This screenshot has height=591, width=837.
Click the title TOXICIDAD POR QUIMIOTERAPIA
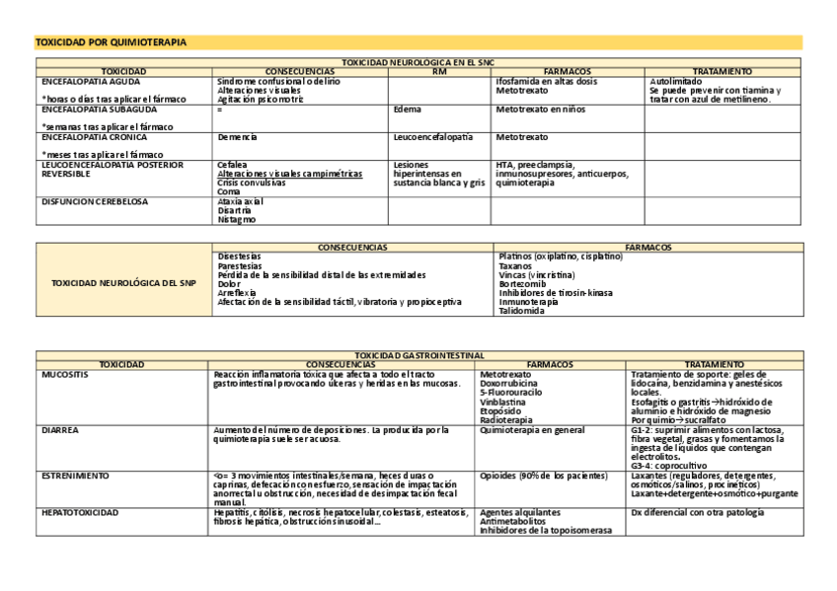point(111,42)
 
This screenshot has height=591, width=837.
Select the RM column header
point(439,72)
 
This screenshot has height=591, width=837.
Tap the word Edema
point(407,110)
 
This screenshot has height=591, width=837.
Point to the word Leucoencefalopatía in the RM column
point(432,137)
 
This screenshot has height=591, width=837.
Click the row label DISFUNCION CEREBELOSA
point(95,201)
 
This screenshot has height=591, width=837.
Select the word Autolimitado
point(676,81)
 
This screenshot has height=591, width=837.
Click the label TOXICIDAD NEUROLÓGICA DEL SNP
point(123,283)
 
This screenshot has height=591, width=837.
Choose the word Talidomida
point(522,311)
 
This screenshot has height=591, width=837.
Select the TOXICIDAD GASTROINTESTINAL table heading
point(418,355)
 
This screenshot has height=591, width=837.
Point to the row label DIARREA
point(60,430)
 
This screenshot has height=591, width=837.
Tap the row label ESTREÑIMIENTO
point(75,476)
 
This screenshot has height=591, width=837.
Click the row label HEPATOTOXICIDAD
point(80,513)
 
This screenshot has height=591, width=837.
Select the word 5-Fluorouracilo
point(510,393)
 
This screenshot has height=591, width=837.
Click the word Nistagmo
point(237,219)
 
